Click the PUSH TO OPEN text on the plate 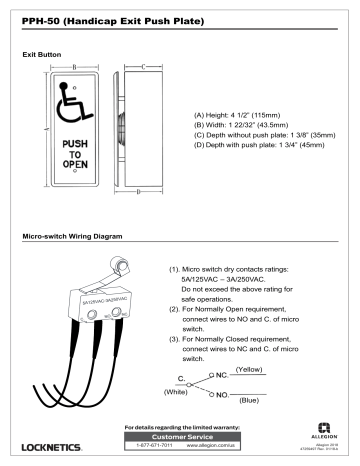click(x=75, y=155)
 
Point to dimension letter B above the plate click(x=75, y=68)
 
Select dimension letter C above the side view click(x=142, y=68)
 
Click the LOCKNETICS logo click(x=59, y=445)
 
